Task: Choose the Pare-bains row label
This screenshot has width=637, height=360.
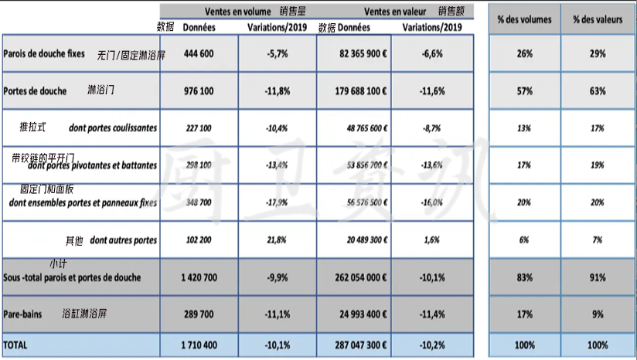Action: click(x=22, y=314)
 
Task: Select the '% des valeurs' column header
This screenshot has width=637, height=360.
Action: click(x=598, y=19)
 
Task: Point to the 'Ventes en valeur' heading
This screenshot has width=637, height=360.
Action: click(x=395, y=12)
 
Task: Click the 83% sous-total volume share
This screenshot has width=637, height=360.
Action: click(x=525, y=277)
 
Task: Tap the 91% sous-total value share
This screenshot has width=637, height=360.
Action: click(x=597, y=277)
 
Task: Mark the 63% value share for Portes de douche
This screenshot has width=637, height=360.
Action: click(x=597, y=91)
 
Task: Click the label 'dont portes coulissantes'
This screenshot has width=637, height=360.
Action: click(x=113, y=128)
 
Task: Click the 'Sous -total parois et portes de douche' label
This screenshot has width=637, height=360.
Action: click(x=72, y=277)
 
